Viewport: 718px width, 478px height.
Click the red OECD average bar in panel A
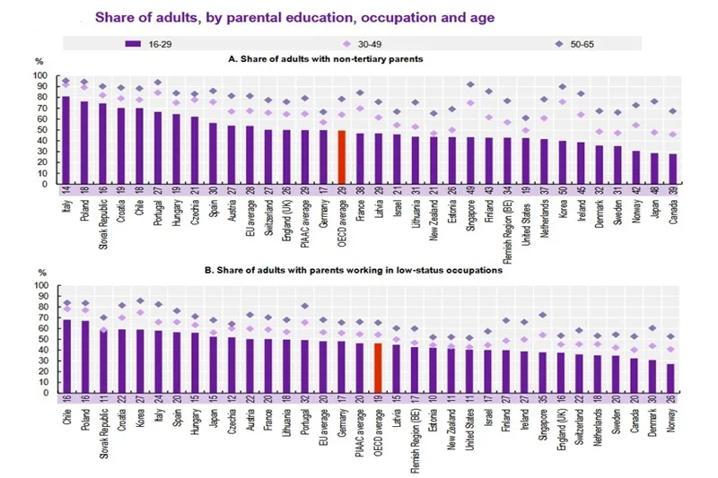[342, 157]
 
